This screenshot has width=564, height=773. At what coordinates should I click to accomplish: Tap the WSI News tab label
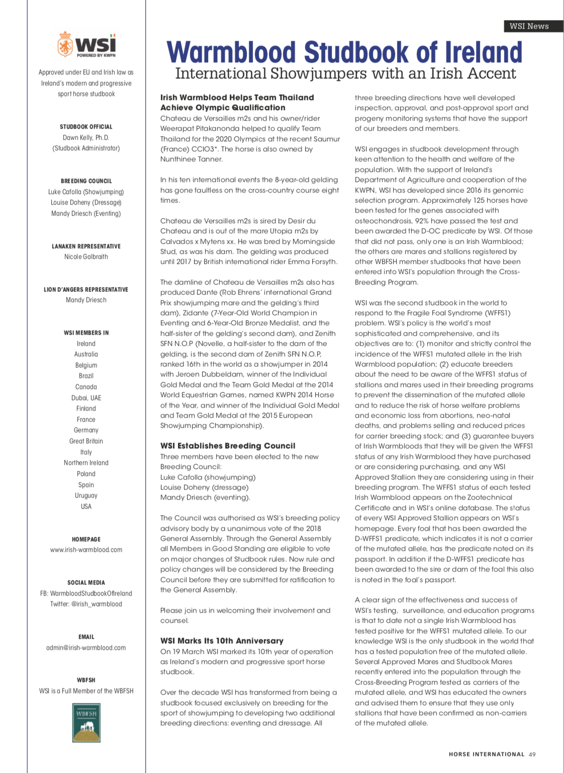[x=529, y=26]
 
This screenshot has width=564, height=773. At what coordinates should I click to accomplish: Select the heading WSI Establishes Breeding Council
[x=228, y=446]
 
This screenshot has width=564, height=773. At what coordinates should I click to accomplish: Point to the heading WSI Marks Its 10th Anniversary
[x=222, y=641]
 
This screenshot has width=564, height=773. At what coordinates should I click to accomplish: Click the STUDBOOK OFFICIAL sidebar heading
[x=86, y=127]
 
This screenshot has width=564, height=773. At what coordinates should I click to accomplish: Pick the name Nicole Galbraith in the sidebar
[x=86, y=257]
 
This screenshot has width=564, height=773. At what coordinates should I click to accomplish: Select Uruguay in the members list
[x=86, y=496]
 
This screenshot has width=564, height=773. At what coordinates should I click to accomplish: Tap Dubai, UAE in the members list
[x=86, y=398]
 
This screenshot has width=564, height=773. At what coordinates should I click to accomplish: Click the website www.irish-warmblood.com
[x=86, y=550]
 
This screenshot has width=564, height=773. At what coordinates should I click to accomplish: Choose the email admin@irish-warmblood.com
[x=86, y=648]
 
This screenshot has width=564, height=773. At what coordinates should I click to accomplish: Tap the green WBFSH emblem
[x=86, y=723]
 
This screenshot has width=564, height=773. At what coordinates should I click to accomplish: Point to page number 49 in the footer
[x=532, y=754]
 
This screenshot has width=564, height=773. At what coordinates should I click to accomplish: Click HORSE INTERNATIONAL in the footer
[x=486, y=754]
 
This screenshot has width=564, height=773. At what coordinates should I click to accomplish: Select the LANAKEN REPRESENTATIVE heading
[x=86, y=246]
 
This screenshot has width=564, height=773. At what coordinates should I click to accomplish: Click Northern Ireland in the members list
[x=86, y=463]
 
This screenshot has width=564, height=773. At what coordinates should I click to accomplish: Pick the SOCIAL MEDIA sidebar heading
[x=86, y=583]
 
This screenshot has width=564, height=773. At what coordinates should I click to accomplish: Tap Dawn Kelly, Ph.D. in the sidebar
[x=86, y=138]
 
